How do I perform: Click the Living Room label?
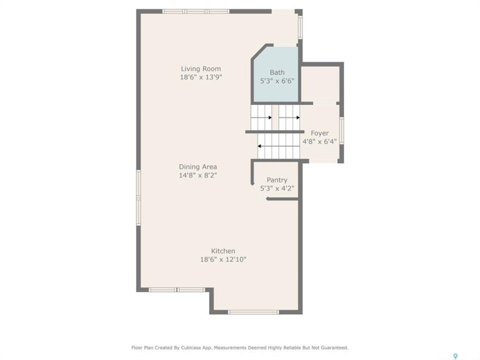point(201,69)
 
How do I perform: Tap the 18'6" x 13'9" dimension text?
point(201,77)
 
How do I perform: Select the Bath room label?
point(277,72)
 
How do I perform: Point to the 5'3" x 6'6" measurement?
point(277,81)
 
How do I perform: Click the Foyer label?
point(319,133)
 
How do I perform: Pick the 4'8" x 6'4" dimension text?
point(319,141)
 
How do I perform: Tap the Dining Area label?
point(198,167)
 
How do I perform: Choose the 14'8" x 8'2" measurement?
point(198,175)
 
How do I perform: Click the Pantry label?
point(277,180)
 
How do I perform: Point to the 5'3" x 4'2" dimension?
point(277,188)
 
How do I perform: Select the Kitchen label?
point(223,251)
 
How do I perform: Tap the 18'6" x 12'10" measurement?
point(223,259)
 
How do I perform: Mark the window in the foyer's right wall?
point(341,130)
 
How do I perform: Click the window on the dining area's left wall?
point(138,198)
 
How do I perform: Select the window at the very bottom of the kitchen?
point(253,312)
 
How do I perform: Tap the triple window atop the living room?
point(196,11)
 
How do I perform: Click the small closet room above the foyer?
point(320,84)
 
